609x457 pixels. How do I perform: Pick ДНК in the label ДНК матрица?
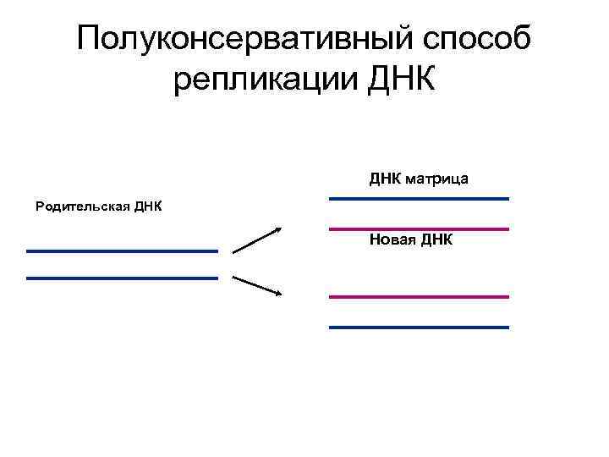click(385, 179)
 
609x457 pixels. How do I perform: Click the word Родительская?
click(80, 206)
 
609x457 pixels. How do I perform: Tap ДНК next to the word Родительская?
click(145, 206)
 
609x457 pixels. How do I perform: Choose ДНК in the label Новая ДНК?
click(436, 240)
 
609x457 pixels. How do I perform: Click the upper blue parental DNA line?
click(122, 251)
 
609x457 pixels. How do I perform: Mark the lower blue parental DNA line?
click(122, 278)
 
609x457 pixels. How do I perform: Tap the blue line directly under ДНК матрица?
click(419, 198)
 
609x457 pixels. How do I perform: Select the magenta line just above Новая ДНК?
click(419, 228)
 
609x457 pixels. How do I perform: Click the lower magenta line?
click(419, 296)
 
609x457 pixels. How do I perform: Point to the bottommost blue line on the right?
click(419, 327)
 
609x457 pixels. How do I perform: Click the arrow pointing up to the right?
click(256, 240)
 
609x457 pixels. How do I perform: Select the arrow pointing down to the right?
click(256, 285)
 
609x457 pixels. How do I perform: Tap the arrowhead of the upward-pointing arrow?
click(277, 228)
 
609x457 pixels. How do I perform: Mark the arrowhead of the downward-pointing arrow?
click(277, 294)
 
